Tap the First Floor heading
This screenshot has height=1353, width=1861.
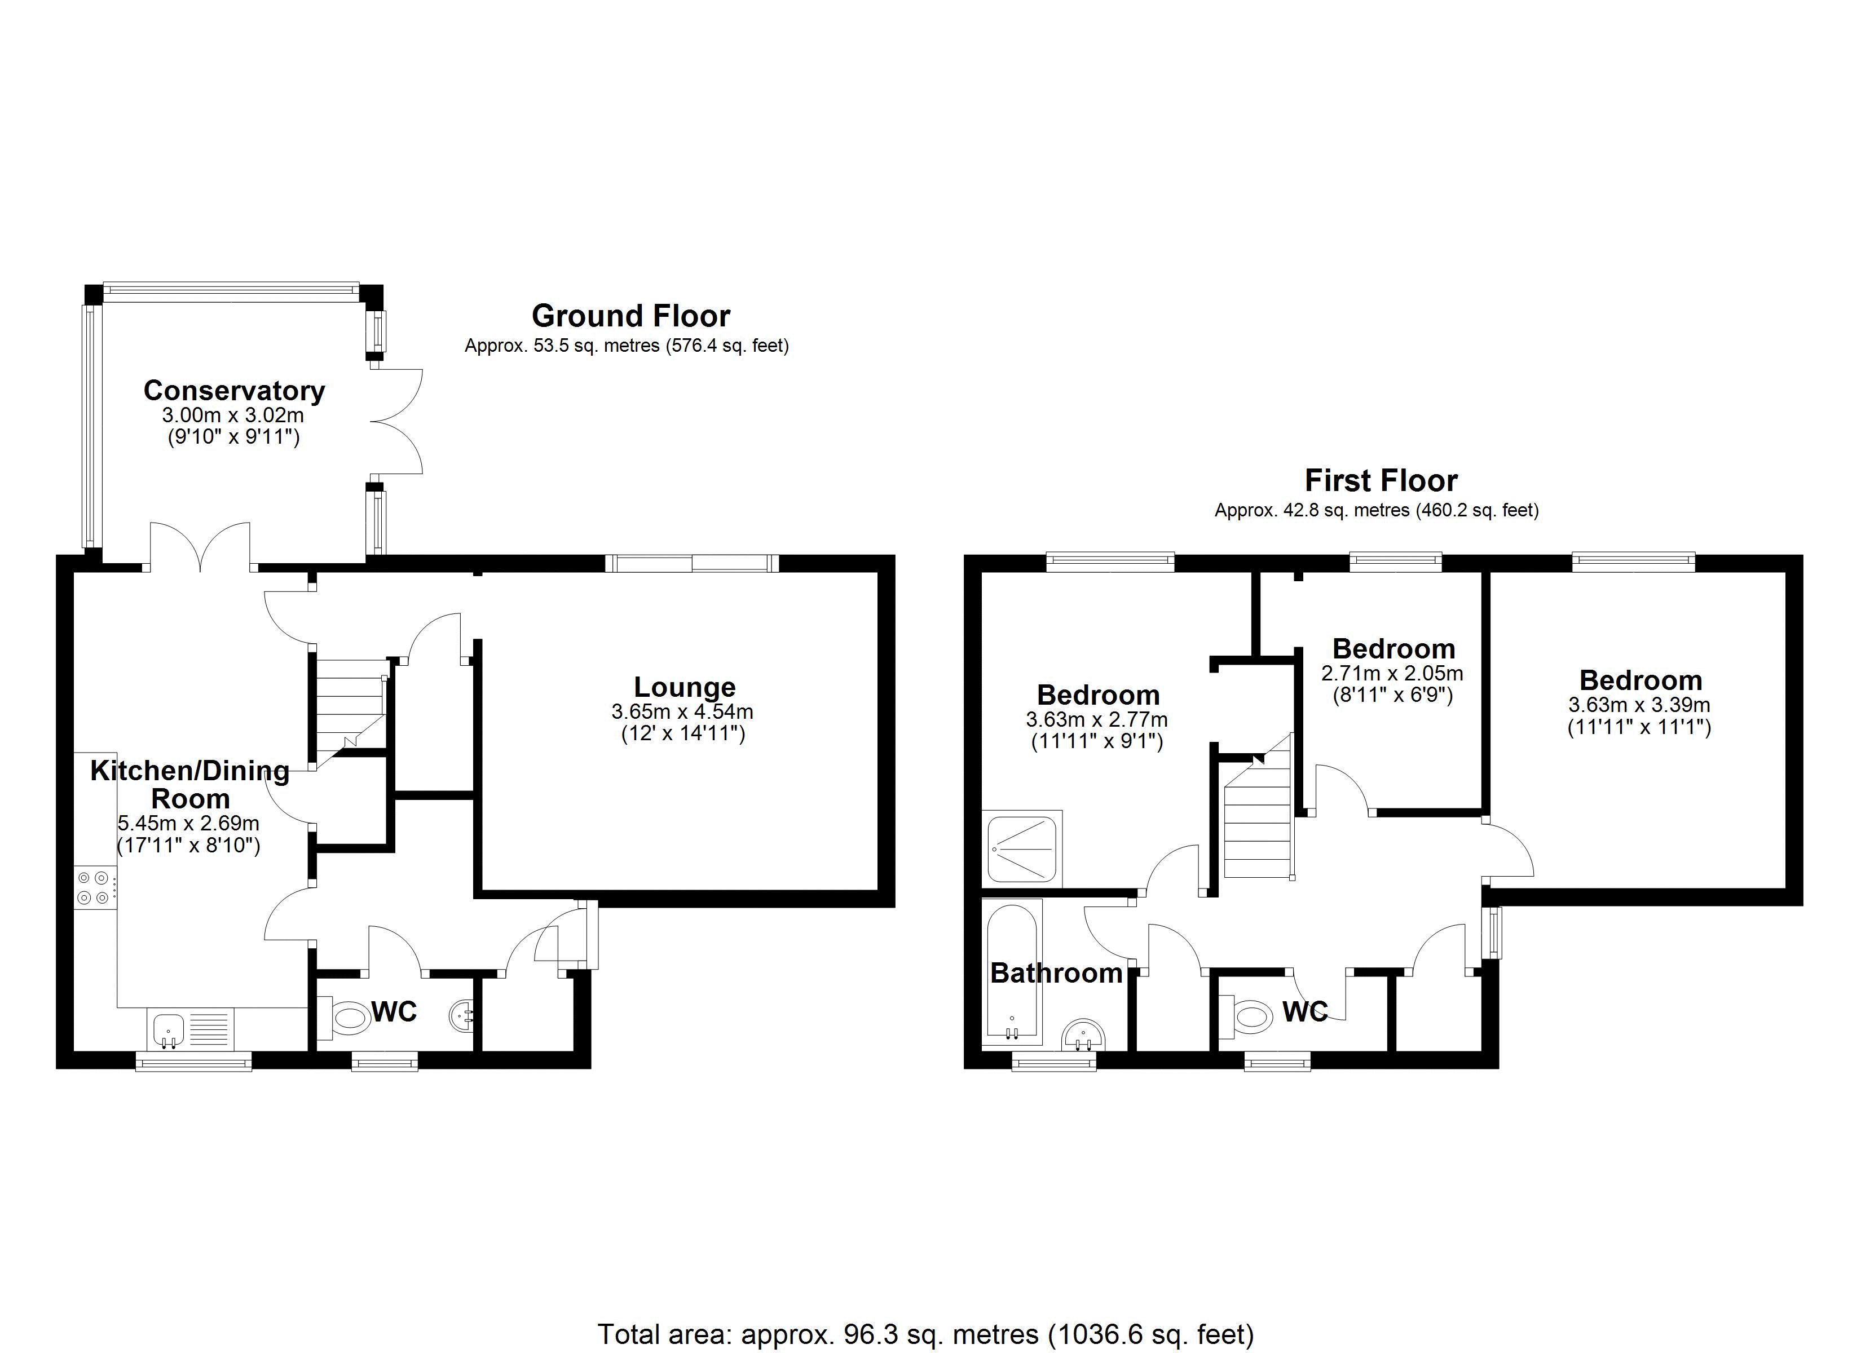click(1381, 480)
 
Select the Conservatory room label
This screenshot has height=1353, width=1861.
click(234, 391)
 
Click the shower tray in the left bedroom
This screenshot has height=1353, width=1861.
click(1022, 848)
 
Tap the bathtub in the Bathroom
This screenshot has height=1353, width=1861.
click(1012, 972)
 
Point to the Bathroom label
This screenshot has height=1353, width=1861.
click(1056, 973)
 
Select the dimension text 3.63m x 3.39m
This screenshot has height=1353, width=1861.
click(1639, 705)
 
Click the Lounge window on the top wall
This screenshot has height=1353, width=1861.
click(692, 563)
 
